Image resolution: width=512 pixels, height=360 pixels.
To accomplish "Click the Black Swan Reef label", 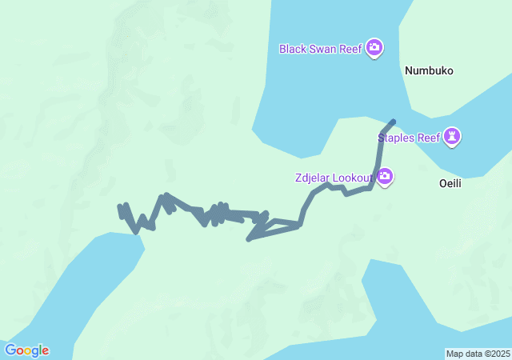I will point(321,49).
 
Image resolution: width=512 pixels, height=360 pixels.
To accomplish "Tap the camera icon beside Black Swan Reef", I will point(374,49).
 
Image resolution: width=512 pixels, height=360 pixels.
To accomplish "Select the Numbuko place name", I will point(429,70).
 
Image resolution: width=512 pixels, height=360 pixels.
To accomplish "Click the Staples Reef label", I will point(409,138).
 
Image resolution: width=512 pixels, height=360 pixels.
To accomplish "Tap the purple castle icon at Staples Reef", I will point(454,137).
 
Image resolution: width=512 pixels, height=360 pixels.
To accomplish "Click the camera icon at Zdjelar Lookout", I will point(385,176).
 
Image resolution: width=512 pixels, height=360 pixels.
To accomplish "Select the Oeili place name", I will point(451,183).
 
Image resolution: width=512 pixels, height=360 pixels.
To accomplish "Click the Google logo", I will point(26,350).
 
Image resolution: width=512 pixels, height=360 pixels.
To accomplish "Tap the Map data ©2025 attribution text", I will point(477,354).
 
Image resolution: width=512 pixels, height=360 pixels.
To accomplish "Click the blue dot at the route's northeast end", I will point(392,122).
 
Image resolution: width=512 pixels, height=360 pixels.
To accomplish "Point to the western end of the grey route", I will point(120,208).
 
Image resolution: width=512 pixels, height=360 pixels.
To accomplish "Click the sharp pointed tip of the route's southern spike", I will point(249,239).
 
